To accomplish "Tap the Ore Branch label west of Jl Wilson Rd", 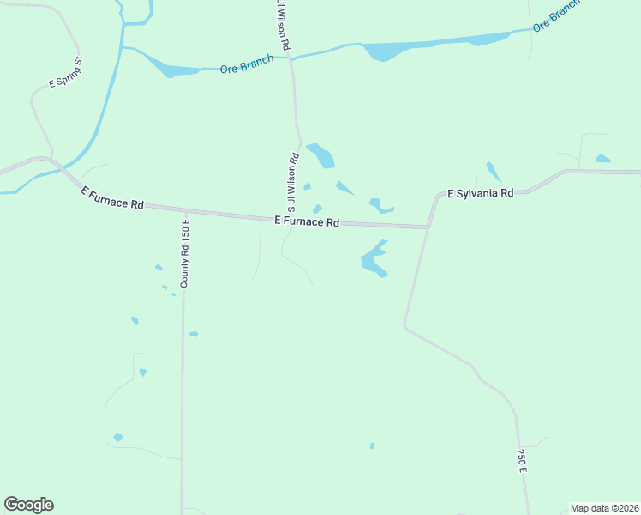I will tap(246, 64).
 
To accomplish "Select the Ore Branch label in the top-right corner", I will tap(555, 15).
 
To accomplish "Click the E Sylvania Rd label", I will tap(481, 193).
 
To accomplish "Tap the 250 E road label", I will tap(520, 461).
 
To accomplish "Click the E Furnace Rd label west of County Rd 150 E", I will tap(112, 198).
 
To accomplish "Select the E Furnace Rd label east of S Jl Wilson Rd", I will tap(308, 221).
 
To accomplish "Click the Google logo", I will tap(28, 505).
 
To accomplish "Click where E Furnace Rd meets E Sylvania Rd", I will tap(428, 227).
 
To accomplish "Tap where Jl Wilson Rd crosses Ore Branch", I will tap(291, 58).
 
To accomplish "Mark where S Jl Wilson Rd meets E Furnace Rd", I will tap(286, 220).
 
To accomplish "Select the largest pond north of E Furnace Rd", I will tap(321, 155).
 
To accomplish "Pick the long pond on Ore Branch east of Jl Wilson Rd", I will tap(428, 45).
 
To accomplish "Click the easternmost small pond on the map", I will tap(603, 159).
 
